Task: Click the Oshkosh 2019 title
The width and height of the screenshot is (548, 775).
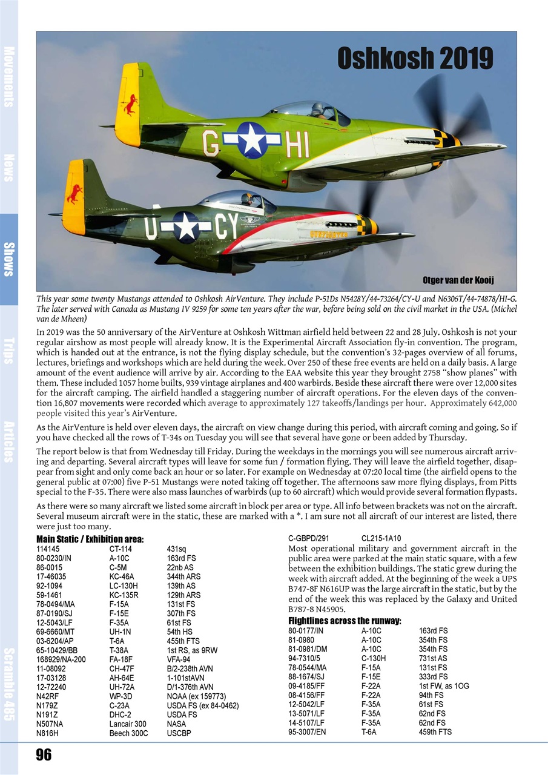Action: point(415,59)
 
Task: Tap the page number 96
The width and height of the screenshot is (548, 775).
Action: point(44,754)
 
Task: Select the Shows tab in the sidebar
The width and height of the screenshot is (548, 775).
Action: point(8,259)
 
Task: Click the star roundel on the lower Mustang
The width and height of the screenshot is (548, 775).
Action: point(186,227)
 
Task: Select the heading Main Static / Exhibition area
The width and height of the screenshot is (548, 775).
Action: point(90,539)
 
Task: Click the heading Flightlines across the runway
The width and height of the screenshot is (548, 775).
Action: point(345,621)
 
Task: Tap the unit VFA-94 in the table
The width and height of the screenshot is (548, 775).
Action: point(179,659)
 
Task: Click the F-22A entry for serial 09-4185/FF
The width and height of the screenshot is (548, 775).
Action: point(371,686)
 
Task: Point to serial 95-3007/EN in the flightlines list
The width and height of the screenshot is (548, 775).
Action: point(307,732)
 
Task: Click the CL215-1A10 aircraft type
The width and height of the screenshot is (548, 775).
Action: point(381,538)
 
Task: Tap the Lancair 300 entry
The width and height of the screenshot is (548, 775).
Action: point(128,724)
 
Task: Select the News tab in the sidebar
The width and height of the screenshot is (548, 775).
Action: point(8,168)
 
